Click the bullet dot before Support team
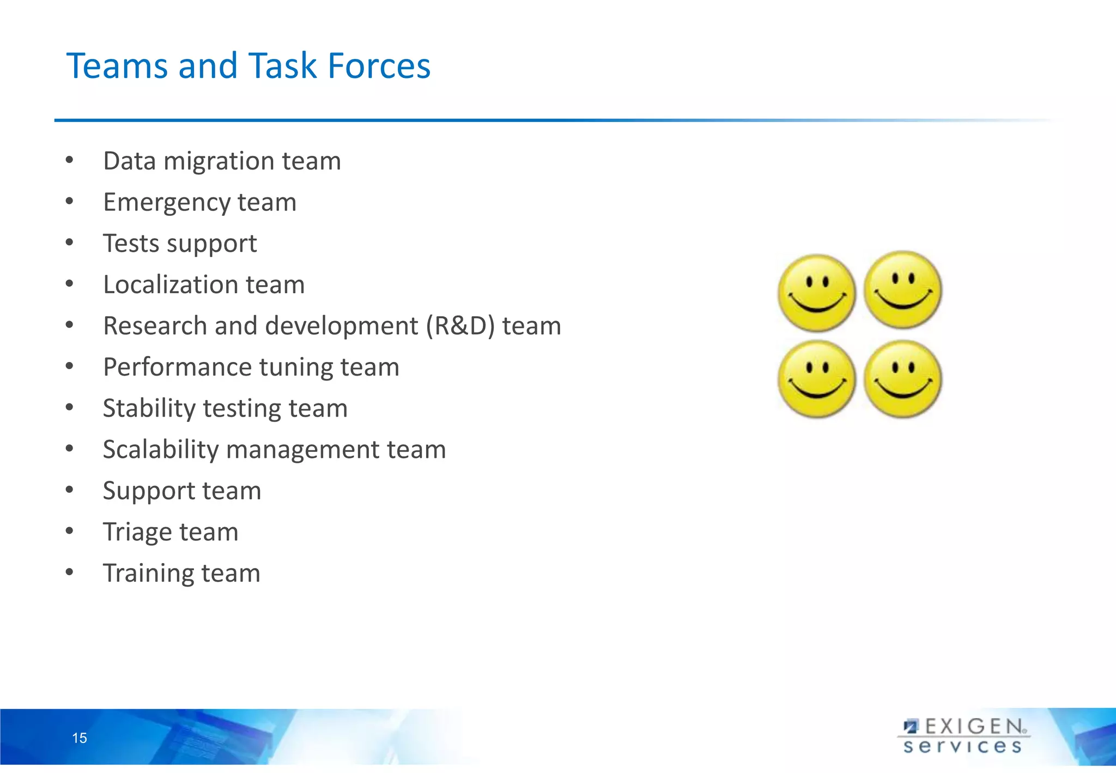(x=69, y=490)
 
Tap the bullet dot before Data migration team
(x=69, y=160)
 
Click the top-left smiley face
(x=816, y=293)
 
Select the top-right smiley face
(x=903, y=289)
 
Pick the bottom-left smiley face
(x=816, y=379)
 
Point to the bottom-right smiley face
(x=903, y=379)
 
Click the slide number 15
(x=80, y=738)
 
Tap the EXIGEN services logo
(x=964, y=736)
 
